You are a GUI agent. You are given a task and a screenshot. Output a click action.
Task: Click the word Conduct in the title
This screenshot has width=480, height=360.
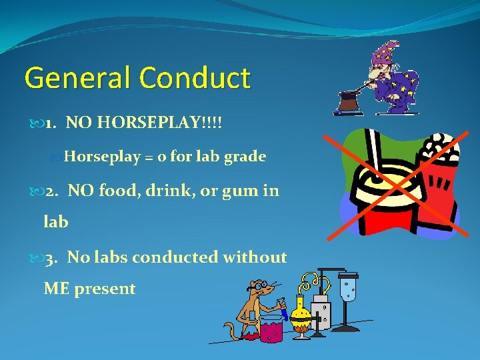[x=195, y=78]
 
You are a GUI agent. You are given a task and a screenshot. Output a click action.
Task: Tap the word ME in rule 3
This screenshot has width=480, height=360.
[x=57, y=289]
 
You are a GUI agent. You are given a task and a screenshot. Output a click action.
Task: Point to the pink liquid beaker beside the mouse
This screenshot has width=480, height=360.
[x=270, y=328]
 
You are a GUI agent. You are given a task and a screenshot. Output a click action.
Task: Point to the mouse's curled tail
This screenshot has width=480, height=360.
[x=229, y=330]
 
